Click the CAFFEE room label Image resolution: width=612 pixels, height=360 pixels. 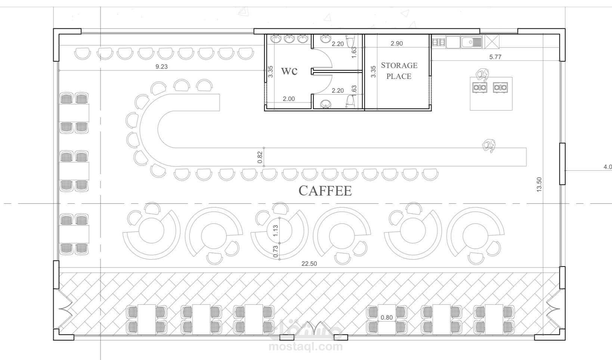coord(325,191)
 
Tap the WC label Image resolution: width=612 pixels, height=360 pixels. coord(289,71)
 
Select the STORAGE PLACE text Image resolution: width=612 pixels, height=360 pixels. coord(399,71)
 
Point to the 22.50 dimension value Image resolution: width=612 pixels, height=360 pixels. coord(309,264)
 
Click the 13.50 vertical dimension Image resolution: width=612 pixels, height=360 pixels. coord(539,185)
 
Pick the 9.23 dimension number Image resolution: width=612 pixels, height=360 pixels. coord(161,67)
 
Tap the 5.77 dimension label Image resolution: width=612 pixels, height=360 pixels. coord(495,57)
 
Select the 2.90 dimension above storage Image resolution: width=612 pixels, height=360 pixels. coord(397,43)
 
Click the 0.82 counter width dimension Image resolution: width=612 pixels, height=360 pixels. coord(260,157)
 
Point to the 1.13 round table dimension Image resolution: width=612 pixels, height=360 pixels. coord(276,230)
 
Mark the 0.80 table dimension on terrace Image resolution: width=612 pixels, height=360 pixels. coord(387,317)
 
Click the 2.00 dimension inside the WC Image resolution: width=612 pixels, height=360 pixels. coord(289,99)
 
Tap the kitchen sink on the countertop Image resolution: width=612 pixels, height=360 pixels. coord(472,42)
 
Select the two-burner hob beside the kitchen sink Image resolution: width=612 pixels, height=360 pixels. coord(439,42)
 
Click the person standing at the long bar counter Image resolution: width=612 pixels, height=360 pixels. coord(489,146)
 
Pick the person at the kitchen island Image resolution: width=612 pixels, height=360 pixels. coord(482,75)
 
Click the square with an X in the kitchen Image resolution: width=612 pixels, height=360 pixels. coord(491,41)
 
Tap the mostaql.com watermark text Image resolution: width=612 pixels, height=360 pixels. coord(306,347)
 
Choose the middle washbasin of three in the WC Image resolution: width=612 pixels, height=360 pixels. coord(289,39)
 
